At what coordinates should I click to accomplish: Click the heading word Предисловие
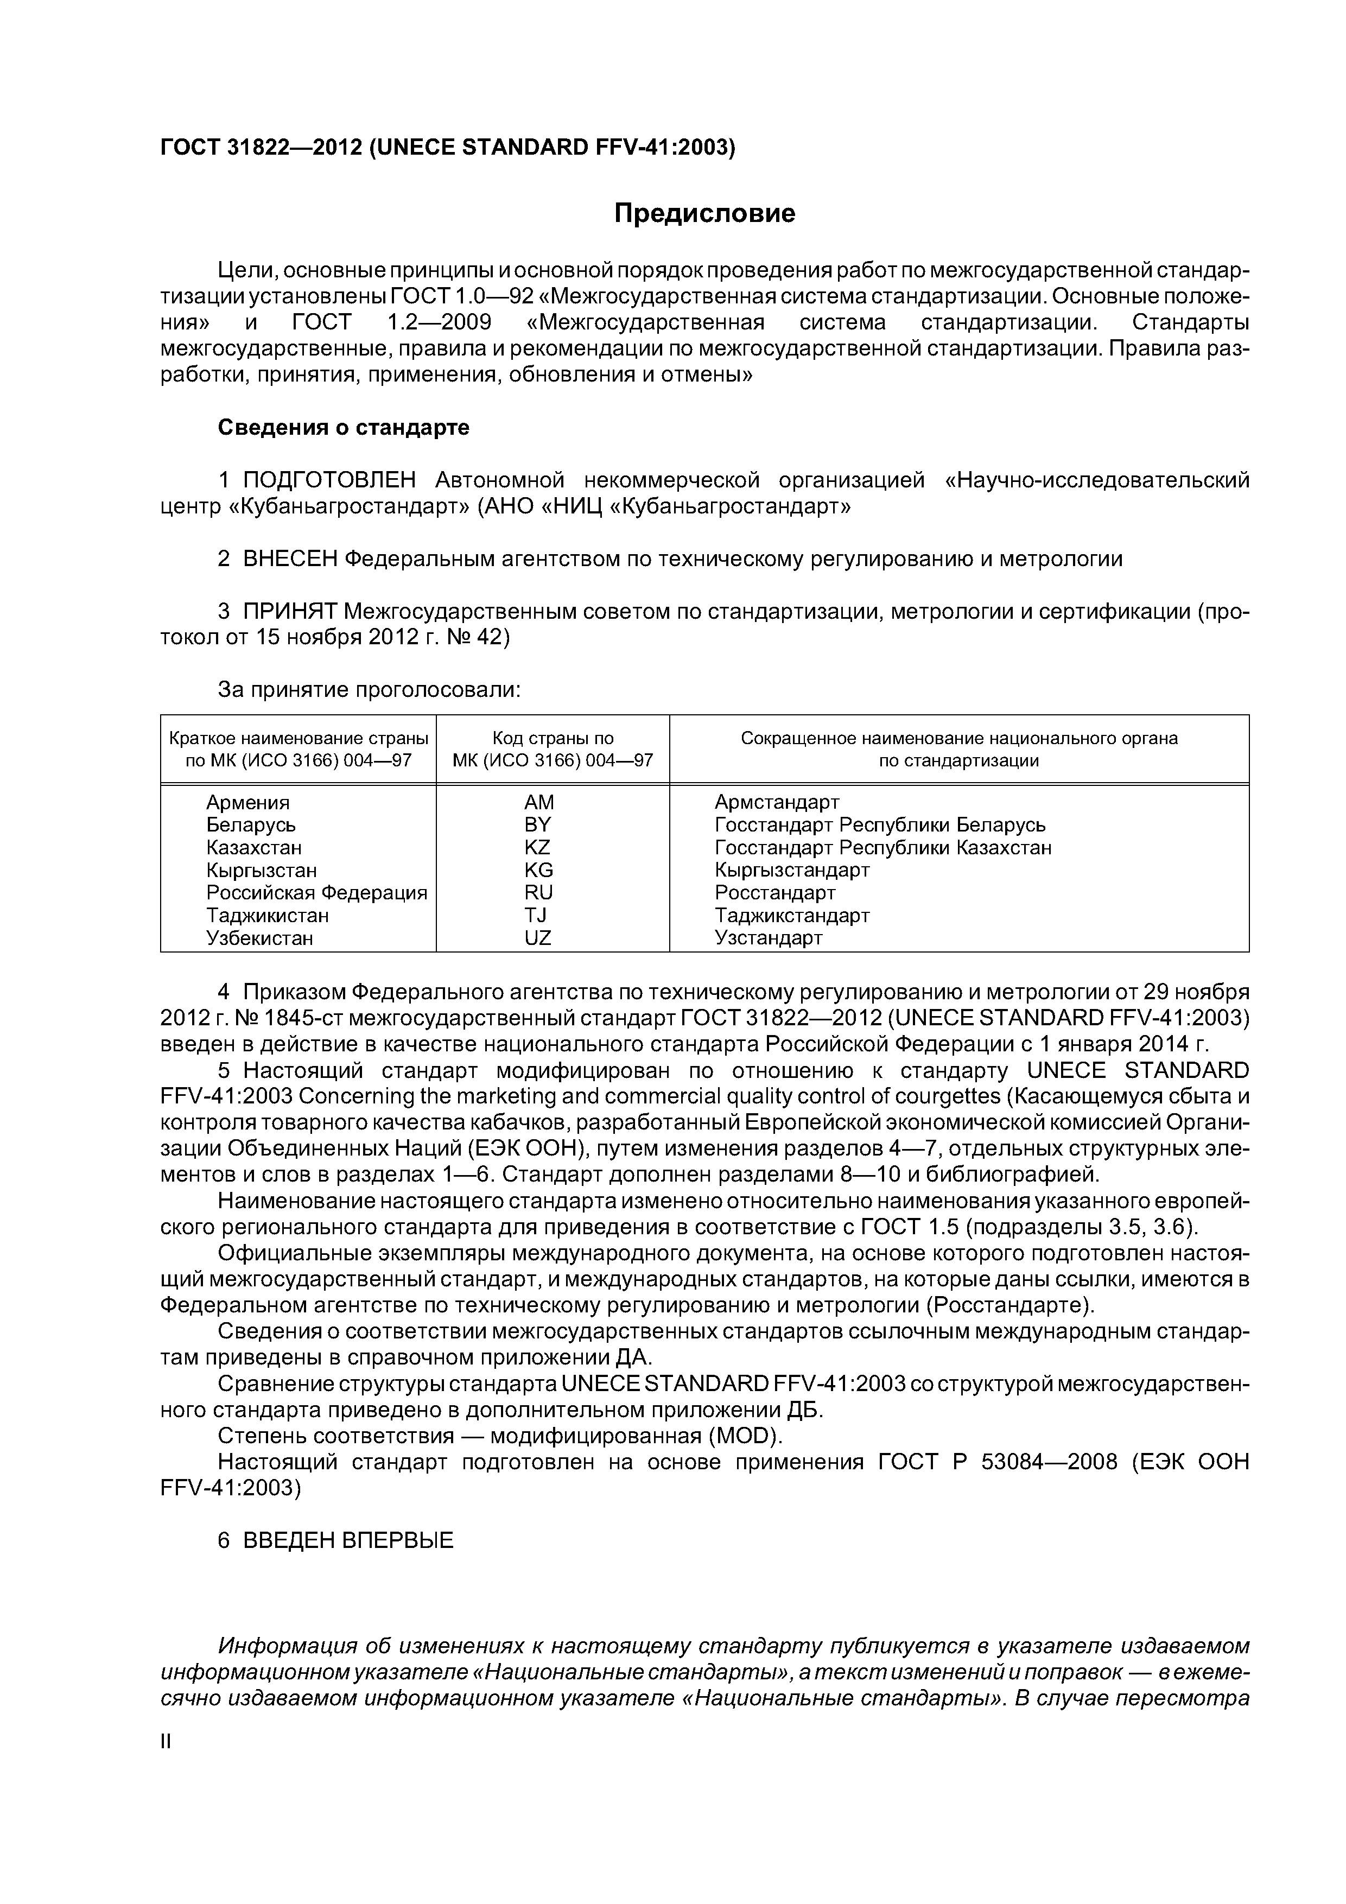click(704, 214)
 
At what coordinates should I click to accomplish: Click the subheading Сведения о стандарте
click(344, 427)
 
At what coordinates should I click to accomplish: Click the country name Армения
click(248, 802)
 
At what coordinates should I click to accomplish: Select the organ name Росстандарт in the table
click(774, 892)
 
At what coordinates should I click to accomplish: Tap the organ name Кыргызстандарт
click(792, 870)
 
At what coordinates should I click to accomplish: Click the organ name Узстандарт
click(768, 938)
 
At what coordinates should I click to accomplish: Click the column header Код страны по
click(553, 738)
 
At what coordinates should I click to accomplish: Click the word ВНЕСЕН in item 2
click(289, 559)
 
